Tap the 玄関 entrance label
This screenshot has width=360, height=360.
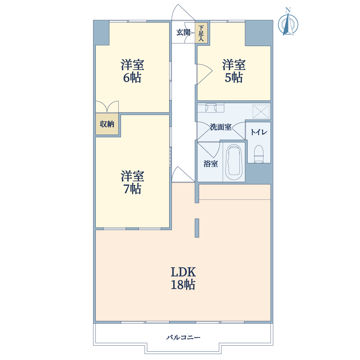[x=183, y=32]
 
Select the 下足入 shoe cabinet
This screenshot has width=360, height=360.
[x=201, y=33]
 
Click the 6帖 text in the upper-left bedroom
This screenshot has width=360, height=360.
[x=132, y=78]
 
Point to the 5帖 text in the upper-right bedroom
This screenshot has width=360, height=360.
[x=234, y=78]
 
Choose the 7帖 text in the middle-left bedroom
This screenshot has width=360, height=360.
[x=132, y=189]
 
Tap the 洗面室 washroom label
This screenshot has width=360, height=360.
[x=221, y=127]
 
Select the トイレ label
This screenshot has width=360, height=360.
[x=259, y=132]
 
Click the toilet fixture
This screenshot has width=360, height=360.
[x=259, y=154]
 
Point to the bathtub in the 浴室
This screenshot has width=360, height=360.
[x=234, y=162]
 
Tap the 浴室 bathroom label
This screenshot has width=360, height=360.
[x=211, y=164]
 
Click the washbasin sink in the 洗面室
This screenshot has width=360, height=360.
[x=211, y=108]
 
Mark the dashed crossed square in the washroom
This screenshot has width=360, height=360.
[x=261, y=112]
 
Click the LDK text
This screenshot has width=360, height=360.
[x=183, y=272]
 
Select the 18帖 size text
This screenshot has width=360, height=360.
[x=183, y=285]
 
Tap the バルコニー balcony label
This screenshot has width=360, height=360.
[x=183, y=337]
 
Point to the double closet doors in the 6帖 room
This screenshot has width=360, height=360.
[x=107, y=107]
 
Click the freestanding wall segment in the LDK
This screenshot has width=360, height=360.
[x=197, y=228]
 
